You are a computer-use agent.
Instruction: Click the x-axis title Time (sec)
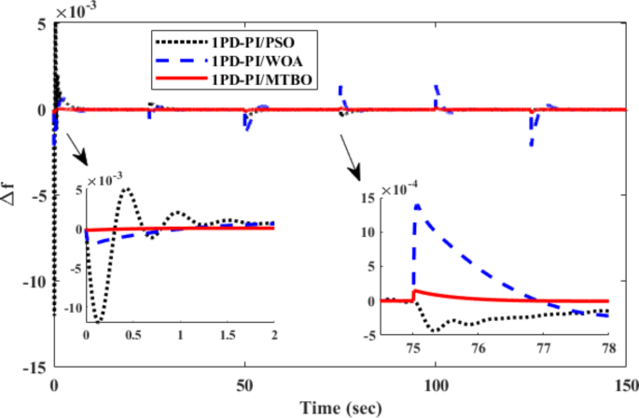coord(339,407)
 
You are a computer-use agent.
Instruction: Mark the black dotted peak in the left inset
coord(125,188)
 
